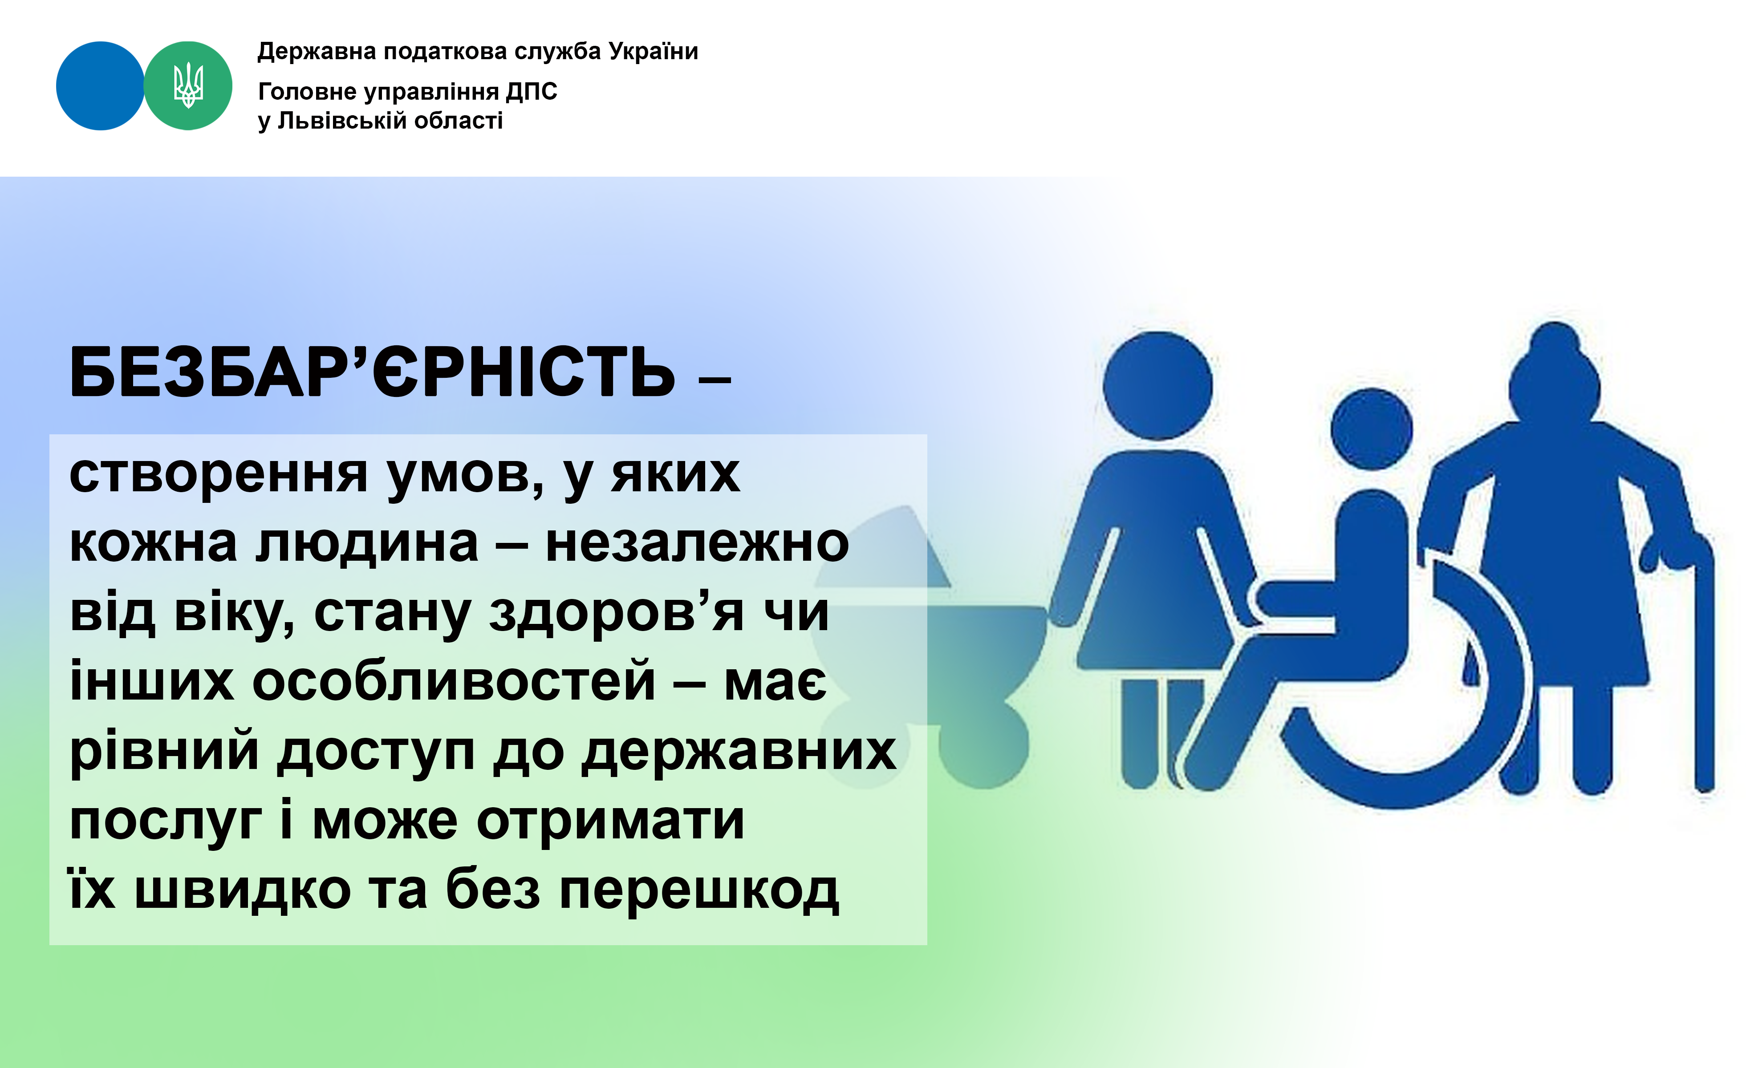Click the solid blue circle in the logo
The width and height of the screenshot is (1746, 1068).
point(100,86)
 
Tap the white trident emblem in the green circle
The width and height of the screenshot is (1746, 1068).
point(188,85)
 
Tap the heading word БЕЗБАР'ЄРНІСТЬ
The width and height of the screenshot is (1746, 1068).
point(372,373)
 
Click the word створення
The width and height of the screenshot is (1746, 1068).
point(218,474)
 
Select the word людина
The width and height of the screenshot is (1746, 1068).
point(367,544)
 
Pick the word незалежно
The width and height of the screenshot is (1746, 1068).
point(697,544)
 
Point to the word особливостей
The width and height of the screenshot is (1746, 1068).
point(454,681)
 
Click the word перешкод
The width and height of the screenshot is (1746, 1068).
point(698,891)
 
